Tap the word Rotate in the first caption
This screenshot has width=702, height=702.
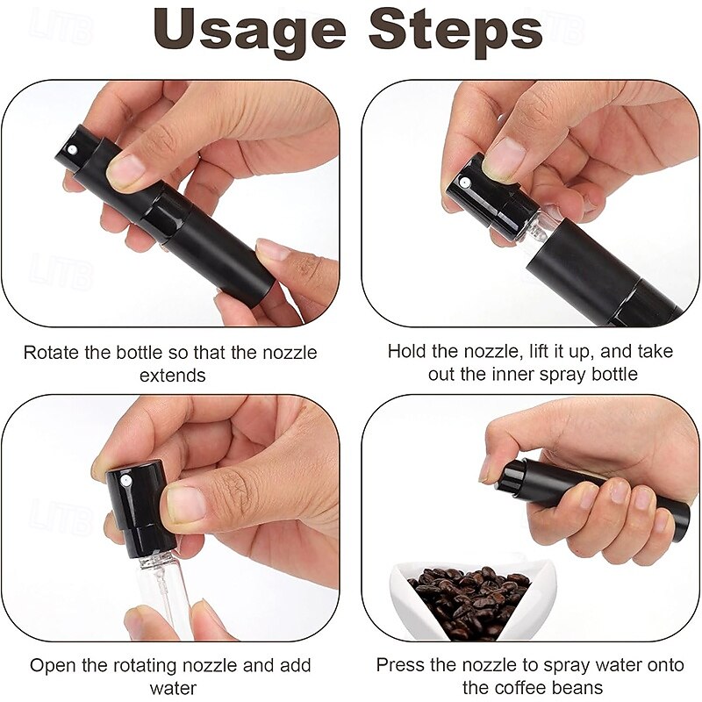49,353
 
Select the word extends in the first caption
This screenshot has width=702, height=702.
172,375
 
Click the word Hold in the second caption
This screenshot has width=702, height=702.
406,351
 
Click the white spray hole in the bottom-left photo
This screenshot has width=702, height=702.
125,482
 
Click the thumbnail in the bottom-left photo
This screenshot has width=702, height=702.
185,505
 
